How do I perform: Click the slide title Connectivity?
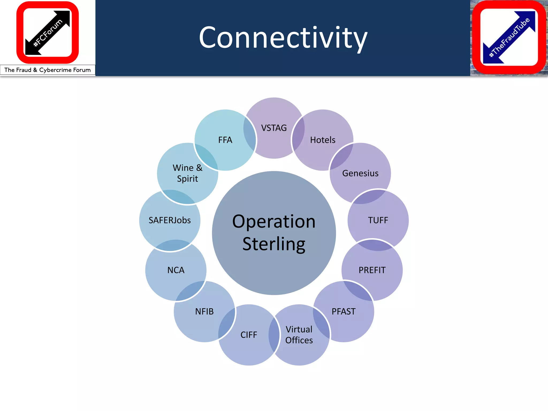point(283,38)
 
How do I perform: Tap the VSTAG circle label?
point(274,128)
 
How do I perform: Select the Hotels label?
point(322,140)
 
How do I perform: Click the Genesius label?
point(360,173)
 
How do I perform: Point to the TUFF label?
point(378,220)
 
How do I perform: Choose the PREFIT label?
point(372,270)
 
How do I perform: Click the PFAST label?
point(344,311)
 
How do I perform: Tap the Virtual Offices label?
point(299,335)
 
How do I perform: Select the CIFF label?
point(249,335)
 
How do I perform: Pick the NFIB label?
point(204,311)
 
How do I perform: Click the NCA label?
point(176,270)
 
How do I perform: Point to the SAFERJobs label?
point(170,220)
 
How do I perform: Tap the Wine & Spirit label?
point(187,173)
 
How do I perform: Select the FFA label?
point(225,140)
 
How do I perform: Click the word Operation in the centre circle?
point(274,222)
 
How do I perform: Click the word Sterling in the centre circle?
point(274,244)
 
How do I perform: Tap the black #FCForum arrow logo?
point(48,33)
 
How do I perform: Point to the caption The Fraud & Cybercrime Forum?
point(48,70)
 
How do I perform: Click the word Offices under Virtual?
point(299,340)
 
